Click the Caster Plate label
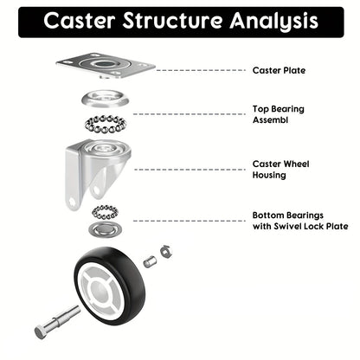click(278, 70)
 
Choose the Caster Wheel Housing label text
click(280, 168)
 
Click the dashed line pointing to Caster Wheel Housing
click(186, 169)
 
